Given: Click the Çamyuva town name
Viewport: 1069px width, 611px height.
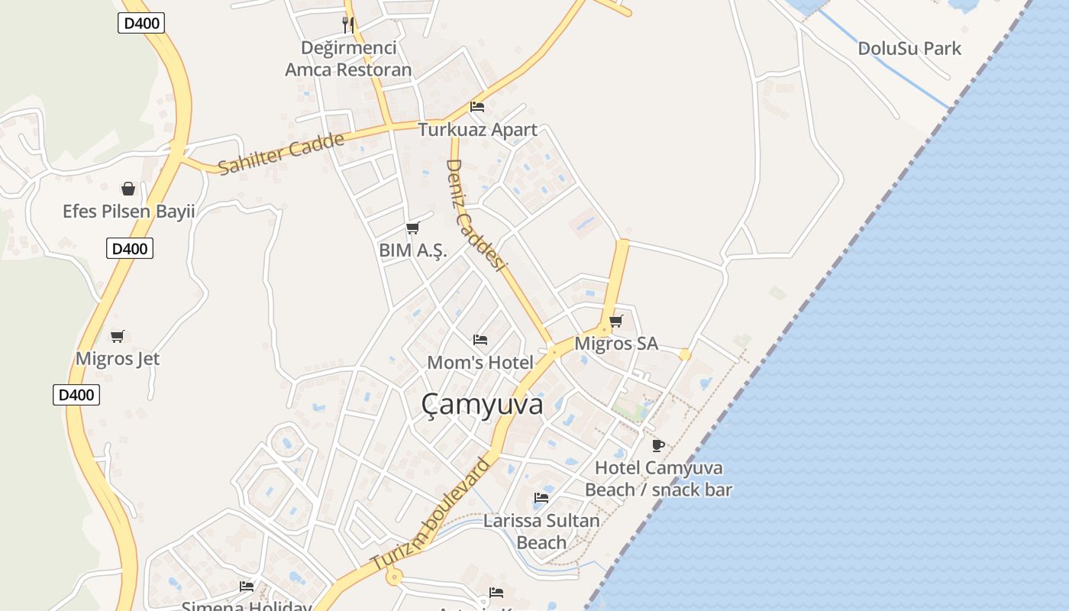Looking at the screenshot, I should (482, 404).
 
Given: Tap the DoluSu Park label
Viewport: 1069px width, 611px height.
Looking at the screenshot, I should (909, 48).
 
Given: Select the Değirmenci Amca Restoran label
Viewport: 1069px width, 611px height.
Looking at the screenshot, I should (348, 59).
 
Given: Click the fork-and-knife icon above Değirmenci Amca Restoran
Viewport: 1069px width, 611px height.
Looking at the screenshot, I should (348, 24).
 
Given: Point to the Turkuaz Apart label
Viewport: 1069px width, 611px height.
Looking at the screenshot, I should (477, 130).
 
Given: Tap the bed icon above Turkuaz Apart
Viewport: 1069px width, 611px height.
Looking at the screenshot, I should (477, 106).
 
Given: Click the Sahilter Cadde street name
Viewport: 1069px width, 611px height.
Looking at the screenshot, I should (281, 154).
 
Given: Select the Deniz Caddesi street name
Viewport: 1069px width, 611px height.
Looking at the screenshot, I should (476, 215).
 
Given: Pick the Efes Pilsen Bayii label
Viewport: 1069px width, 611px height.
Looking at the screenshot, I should (128, 212).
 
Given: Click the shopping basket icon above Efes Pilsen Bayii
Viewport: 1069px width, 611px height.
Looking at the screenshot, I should (128, 188).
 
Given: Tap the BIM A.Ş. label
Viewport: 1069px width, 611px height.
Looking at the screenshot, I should (412, 251).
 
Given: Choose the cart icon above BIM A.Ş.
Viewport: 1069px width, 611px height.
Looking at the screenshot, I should (412, 228).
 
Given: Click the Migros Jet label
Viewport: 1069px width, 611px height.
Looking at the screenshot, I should (118, 359).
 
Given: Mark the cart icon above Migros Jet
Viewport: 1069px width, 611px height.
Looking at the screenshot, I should (118, 336).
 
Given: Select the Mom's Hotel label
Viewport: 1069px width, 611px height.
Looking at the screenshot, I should (480, 363).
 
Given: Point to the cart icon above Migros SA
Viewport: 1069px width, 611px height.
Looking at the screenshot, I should (615, 321).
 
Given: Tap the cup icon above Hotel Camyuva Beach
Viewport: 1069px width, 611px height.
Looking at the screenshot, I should (658, 445).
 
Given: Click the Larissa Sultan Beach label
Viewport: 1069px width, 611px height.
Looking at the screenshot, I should (541, 532).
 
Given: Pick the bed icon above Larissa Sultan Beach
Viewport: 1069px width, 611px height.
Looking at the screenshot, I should (541, 498).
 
